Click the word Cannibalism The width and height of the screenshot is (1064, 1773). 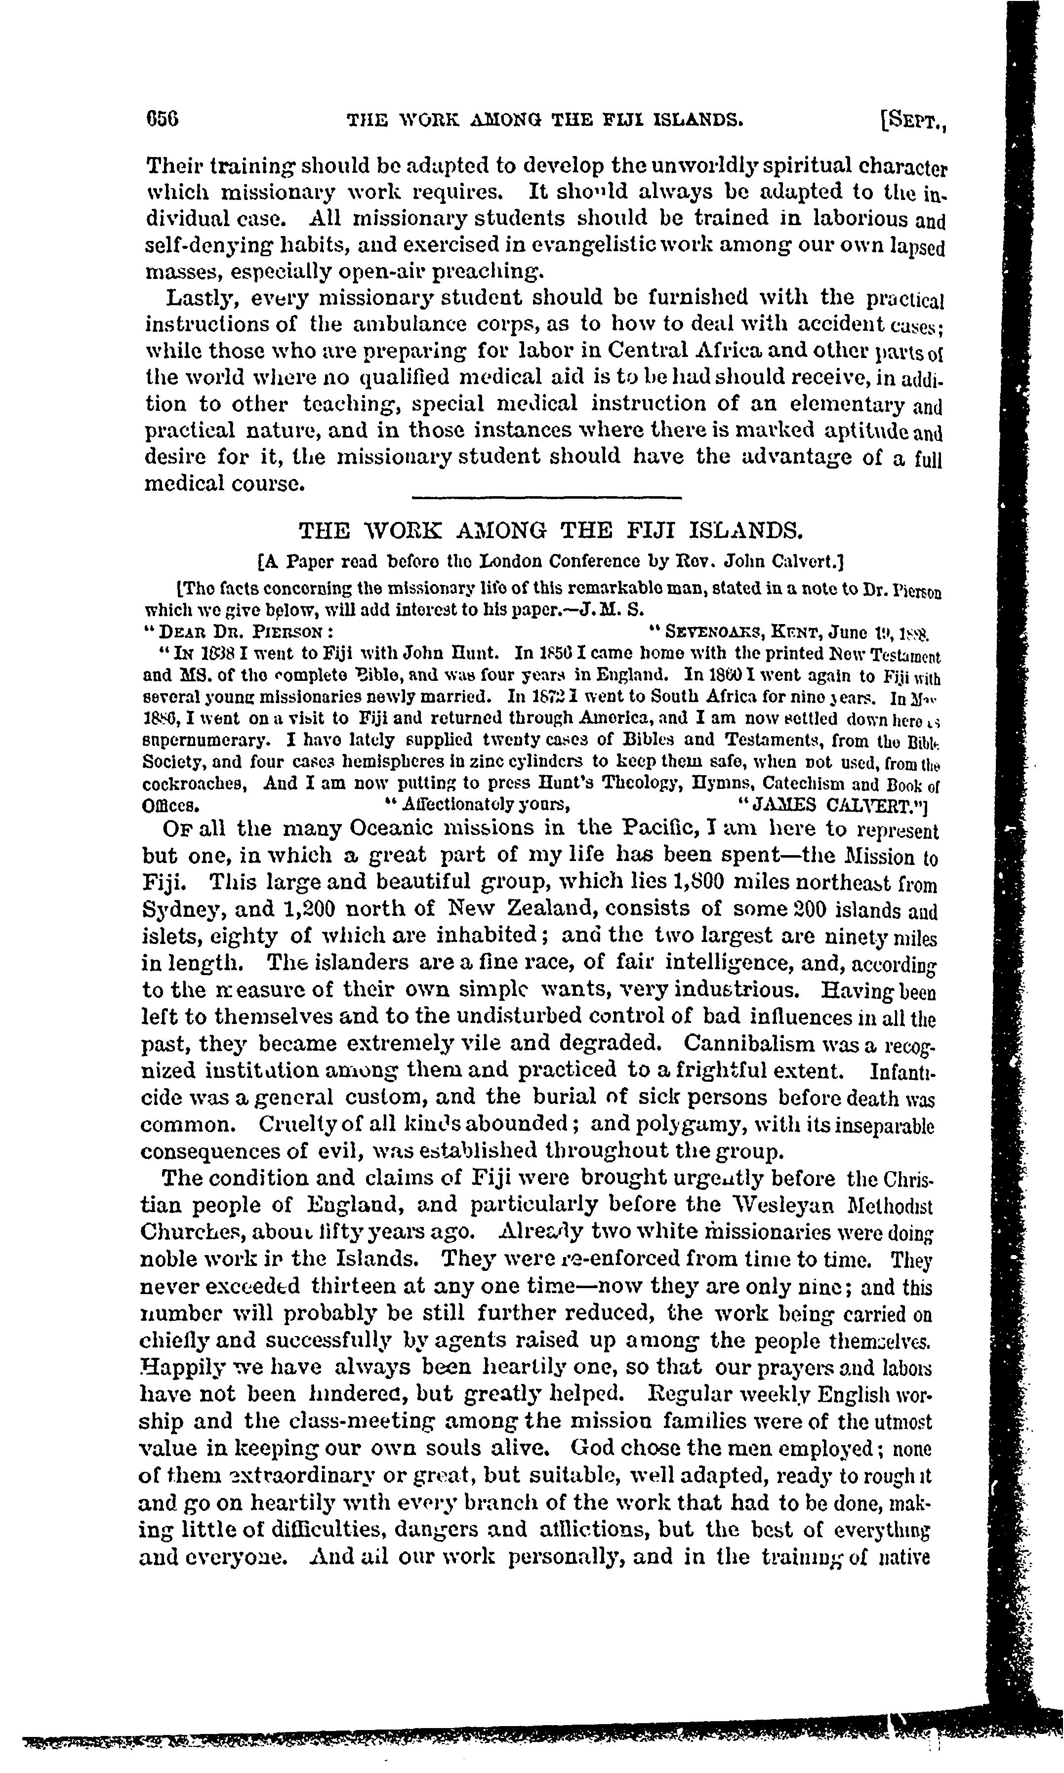click(746, 1043)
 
